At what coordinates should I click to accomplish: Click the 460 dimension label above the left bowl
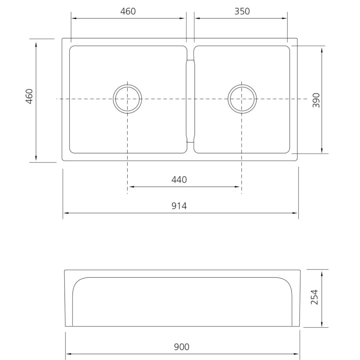[128, 11]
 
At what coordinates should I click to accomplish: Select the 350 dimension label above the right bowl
[242, 11]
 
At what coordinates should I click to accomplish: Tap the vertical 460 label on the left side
[29, 96]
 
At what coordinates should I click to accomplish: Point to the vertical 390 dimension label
[316, 100]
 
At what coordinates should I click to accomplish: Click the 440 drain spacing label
[179, 180]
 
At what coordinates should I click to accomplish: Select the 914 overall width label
[179, 206]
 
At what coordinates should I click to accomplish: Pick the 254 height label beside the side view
[314, 297]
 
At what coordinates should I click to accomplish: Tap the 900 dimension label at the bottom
[182, 347]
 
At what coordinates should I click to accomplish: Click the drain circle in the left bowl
[127, 99]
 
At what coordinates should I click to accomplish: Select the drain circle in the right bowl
[242, 99]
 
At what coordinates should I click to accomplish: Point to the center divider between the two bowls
[190, 100]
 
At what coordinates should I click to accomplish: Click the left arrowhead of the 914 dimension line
[66, 213]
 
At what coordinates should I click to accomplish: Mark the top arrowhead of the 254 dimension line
[322, 273]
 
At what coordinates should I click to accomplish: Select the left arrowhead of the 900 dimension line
[68, 354]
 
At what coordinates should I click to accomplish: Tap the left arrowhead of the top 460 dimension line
[74, 18]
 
